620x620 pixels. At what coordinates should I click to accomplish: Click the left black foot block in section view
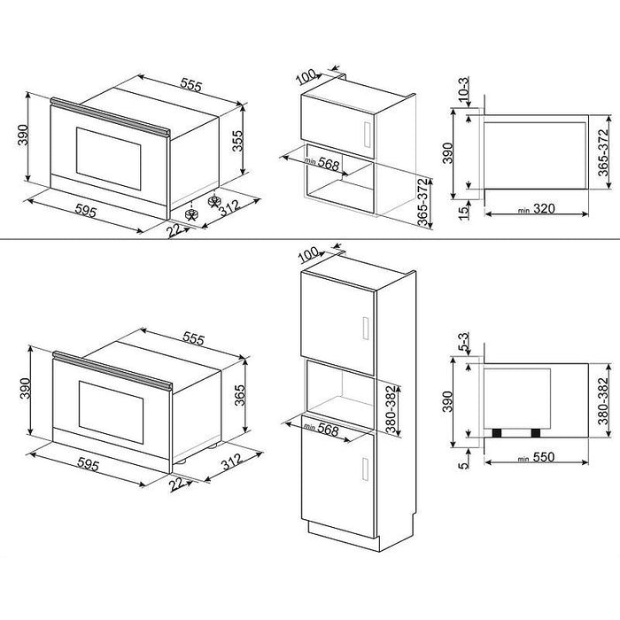pos(499,432)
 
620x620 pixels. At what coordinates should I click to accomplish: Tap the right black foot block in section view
pos(536,432)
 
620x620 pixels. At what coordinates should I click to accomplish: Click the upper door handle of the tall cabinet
pos(363,328)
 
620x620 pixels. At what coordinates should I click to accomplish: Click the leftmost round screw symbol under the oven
pos(190,212)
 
